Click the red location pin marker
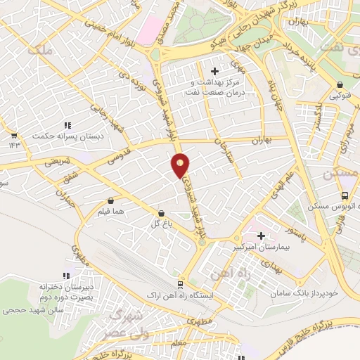pyautogui.click(x=181, y=165)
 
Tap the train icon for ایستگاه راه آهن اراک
pyautogui.click(x=181, y=285)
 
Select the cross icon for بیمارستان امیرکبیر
pyautogui.click(x=262, y=236)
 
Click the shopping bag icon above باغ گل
pyautogui.click(x=162, y=213)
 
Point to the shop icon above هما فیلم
pyautogui.click(x=112, y=200)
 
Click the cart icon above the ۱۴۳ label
pyautogui.click(x=13, y=134)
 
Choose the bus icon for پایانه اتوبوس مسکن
pyautogui.click(x=345, y=196)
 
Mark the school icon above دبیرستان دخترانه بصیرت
pyautogui.click(x=66, y=276)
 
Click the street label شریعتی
pyautogui.click(x=58, y=161)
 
